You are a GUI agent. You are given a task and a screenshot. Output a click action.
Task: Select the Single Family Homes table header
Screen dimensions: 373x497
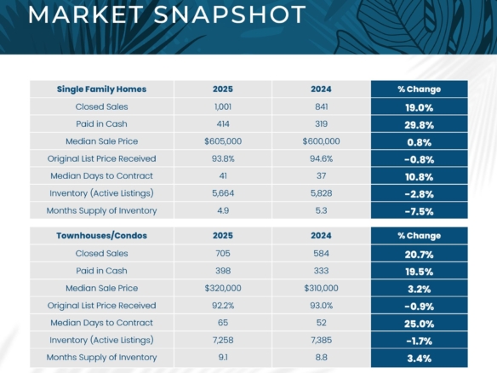pos(101,89)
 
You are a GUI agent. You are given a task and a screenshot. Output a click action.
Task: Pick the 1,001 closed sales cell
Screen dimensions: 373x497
pos(222,107)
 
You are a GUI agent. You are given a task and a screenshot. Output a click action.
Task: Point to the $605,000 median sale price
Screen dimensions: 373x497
pos(222,141)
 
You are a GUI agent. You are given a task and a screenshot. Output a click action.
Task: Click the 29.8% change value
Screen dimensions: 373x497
pos(419,124)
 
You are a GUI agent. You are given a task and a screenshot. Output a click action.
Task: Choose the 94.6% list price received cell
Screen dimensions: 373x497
pos(321,158)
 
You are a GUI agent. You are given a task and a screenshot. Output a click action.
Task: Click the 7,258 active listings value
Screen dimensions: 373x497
pos(222,340)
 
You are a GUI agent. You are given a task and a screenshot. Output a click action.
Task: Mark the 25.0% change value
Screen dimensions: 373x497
pos(419,323)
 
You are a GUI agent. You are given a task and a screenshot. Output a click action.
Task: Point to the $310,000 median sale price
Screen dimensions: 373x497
pos(321,289)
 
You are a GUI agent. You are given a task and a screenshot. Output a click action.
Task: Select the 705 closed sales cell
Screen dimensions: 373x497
pos(222,254)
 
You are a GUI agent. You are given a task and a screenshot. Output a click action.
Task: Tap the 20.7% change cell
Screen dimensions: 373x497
pos(419,254)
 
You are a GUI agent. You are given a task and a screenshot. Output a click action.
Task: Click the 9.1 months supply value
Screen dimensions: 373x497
pos(222,357)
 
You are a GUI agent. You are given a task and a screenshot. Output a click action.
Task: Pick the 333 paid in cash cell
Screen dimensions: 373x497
pos(321,271)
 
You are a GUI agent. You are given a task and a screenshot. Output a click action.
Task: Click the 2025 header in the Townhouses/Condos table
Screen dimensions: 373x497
pos(222,235)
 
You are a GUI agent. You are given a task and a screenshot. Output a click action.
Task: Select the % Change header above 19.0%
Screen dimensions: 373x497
pos(419,89)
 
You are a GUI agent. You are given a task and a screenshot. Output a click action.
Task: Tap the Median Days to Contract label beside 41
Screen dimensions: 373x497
pos(101,175)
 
